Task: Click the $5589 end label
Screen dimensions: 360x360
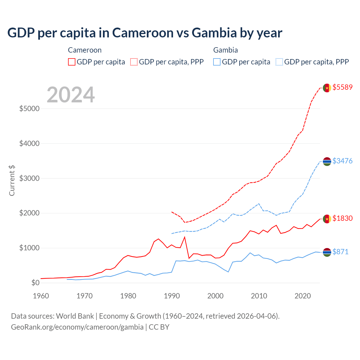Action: (342, 87)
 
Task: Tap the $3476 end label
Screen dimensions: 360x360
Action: (342, 161)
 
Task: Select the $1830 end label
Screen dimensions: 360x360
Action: (342, 218)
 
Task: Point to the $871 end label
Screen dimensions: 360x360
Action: (340, 252)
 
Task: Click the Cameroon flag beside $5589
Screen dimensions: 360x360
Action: (327, 88)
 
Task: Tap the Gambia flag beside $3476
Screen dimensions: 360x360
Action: (327, 161)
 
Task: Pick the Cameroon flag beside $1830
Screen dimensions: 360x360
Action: (327, 219)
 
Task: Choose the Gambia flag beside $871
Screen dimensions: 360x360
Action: (327, 252)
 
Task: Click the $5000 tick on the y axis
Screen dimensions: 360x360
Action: (29, 109)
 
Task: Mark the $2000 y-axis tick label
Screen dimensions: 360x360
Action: (29, 213)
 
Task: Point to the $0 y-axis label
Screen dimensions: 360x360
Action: (35, 283)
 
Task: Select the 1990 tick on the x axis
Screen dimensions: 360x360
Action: (172, 296)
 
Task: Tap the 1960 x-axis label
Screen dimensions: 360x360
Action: (41, 296)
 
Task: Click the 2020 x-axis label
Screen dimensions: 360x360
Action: (303, 296)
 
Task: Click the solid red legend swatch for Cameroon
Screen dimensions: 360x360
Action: (72, 62)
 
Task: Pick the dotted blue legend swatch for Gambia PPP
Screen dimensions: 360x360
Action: (279, 62)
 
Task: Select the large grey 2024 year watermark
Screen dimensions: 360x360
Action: (71, 95)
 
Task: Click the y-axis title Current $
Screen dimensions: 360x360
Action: (12, 180)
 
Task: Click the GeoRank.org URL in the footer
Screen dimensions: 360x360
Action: (77, 327)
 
